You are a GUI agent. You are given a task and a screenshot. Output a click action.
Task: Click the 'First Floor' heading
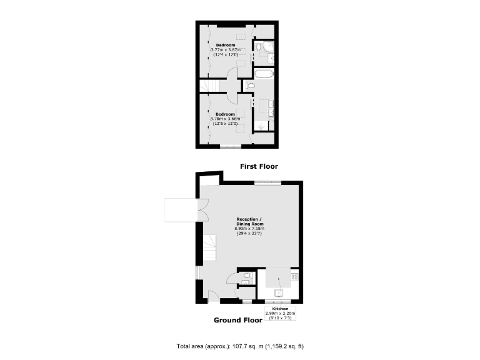[x=259, y=166]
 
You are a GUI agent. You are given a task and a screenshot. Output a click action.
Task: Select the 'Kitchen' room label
[x=280, y=309]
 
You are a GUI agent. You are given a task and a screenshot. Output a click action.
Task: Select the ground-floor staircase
[x=208, y=249]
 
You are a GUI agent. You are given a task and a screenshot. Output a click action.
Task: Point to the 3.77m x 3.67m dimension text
[x=226, y=50]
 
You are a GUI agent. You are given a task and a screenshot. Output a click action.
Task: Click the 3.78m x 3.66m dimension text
[x=226, y=119]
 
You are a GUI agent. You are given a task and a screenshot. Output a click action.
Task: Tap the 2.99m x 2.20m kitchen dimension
[x=280, y=313]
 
